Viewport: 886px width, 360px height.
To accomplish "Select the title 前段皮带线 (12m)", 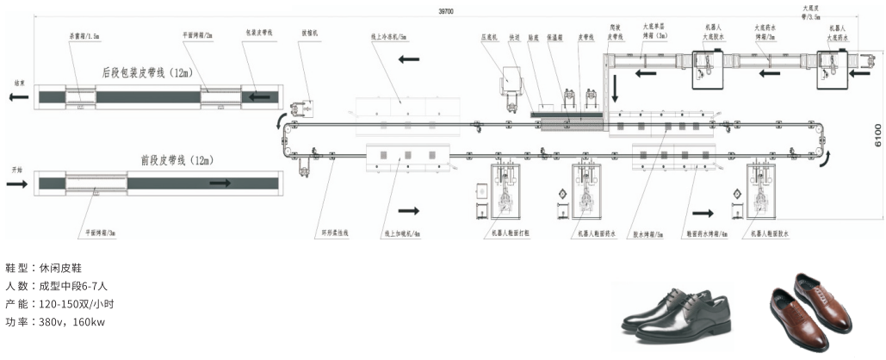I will [176, 160].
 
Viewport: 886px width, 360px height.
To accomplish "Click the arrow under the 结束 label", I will [15, 97].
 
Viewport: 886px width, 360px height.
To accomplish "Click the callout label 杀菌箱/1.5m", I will [85, 37].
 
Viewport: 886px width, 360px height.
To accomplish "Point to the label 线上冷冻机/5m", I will [389, 37].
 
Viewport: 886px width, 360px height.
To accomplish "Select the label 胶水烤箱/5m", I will [647, 233].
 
